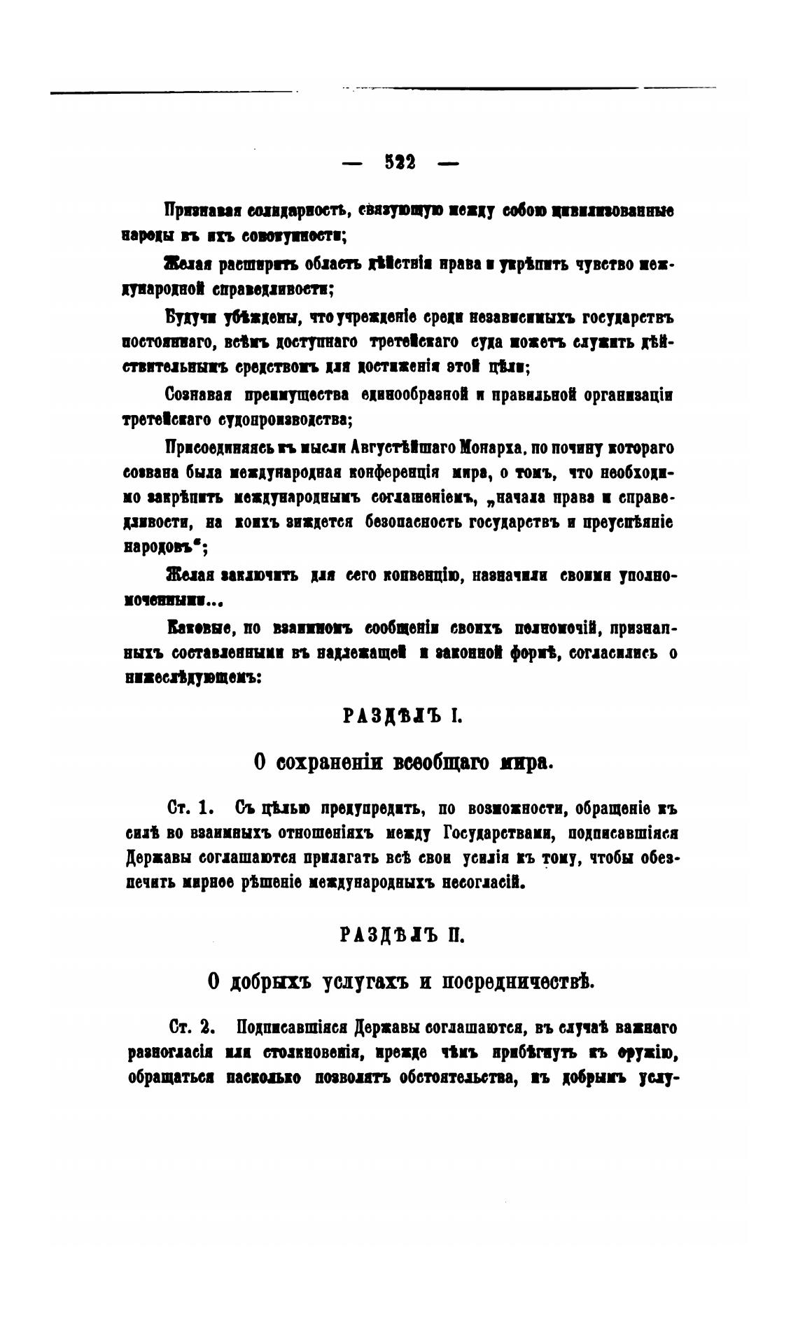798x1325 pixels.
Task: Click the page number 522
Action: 400,163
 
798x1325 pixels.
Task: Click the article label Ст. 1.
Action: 190,808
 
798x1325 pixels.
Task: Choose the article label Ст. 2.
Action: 190,1028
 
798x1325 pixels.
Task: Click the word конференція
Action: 395,472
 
